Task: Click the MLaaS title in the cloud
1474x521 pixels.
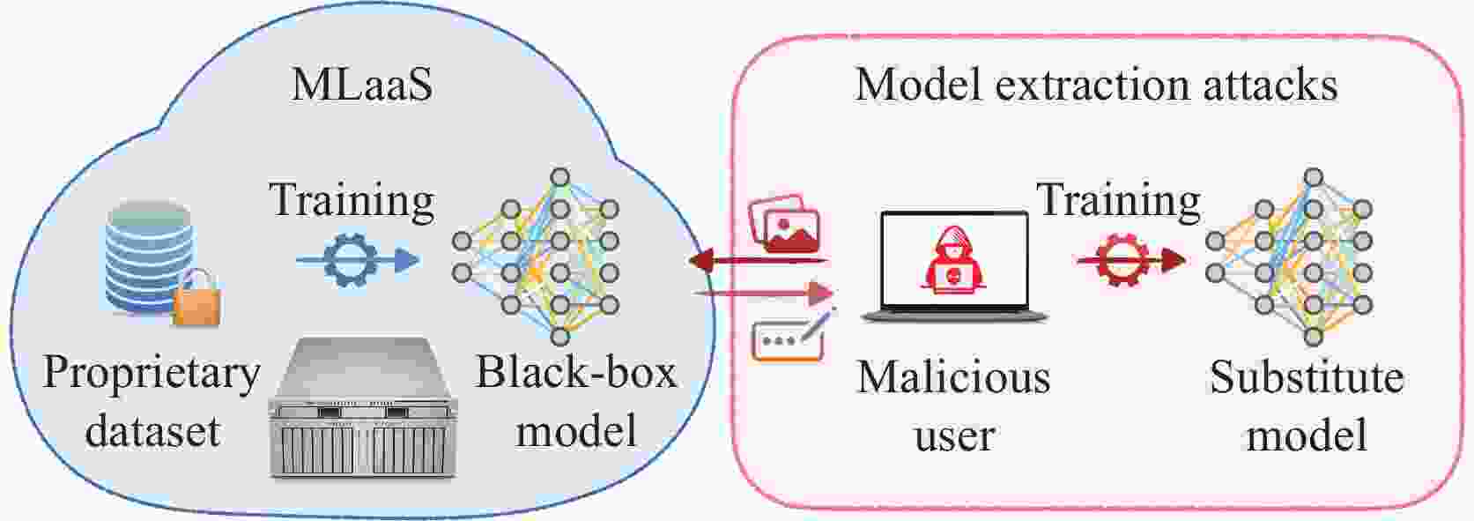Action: click(361, 86)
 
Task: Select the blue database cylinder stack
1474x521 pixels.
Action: click(146, 256)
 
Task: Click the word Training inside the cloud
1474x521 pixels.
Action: click(352, 200)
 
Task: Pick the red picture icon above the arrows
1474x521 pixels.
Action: click(783, 226)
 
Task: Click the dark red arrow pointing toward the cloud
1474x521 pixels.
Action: click(758, 260)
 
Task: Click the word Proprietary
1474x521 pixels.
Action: click(152, 375)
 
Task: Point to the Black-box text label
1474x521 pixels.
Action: click(576, 373)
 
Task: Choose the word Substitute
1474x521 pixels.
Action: click(1307, 377)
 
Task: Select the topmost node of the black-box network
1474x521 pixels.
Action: click(559, 177)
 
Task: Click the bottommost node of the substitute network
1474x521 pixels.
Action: click(1313, 335)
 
